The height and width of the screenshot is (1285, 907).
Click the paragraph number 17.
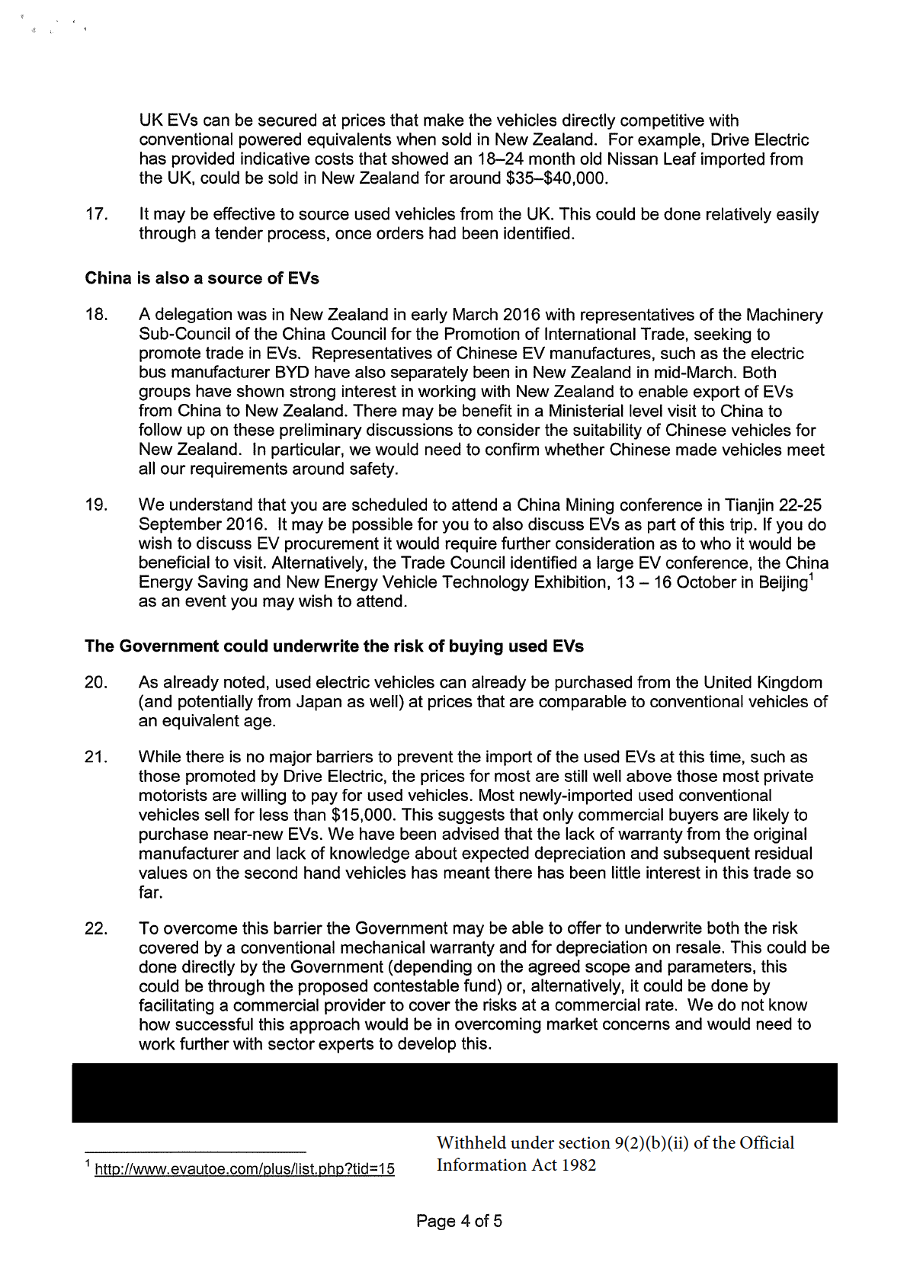click(x=96, y=214)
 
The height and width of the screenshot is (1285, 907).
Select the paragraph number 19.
click(x=96, y=505)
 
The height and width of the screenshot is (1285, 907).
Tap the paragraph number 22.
click(x=96, y=928)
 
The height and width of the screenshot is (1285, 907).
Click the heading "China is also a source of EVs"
click(x=202, y=278)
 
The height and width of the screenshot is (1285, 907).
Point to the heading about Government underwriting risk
click(x=334, y=646)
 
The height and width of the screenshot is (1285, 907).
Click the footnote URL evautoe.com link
click(x=245, y=1168)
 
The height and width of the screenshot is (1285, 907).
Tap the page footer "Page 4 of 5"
click(x=459, y=1221)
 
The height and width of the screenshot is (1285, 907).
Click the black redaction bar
click(x=454, y=1093)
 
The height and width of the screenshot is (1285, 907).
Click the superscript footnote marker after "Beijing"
click(x=812, y=577)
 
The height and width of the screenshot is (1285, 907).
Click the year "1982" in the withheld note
click(x=578, y=1165)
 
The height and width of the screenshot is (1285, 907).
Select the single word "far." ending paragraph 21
click(x=151, y=892)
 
